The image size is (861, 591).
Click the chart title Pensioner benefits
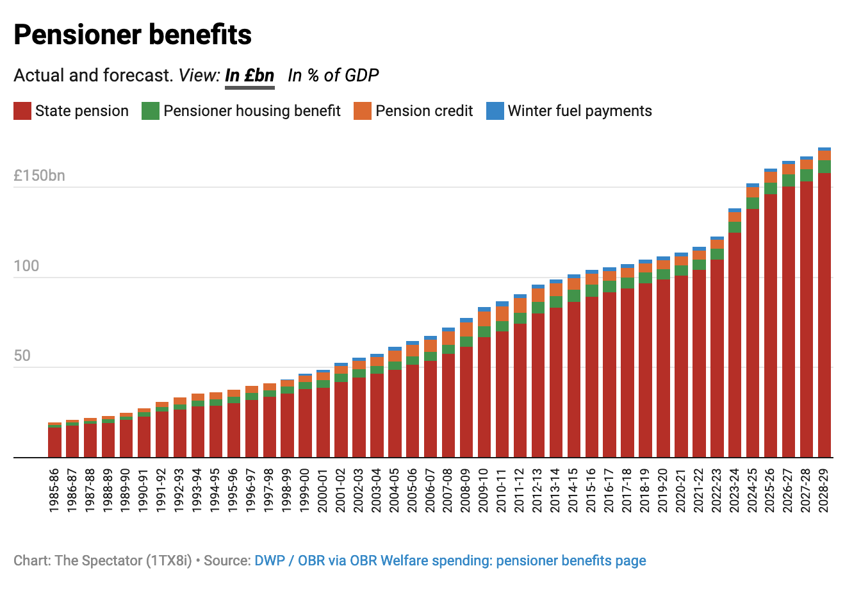click(133, 35)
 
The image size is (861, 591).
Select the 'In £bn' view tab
click(250, 76)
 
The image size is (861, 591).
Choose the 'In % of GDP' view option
click(333, 76)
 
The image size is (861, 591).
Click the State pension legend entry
click(71, 111)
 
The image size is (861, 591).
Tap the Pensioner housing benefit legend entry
click(242, 111)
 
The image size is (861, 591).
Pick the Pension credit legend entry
click(413, 111)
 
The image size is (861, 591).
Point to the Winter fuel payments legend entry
click(570, 111)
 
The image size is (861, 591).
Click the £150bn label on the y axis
click(39, 176)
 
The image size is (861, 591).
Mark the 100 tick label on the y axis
click(26, 266)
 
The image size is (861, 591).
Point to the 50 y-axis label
click(22, 356)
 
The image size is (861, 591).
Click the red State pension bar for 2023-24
click(735, 346)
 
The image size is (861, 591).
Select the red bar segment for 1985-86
click(55, 442)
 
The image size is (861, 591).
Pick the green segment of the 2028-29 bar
click(824, 167)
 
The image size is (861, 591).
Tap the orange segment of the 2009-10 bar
click(484, 319)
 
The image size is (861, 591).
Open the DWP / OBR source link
click(450, 561)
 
